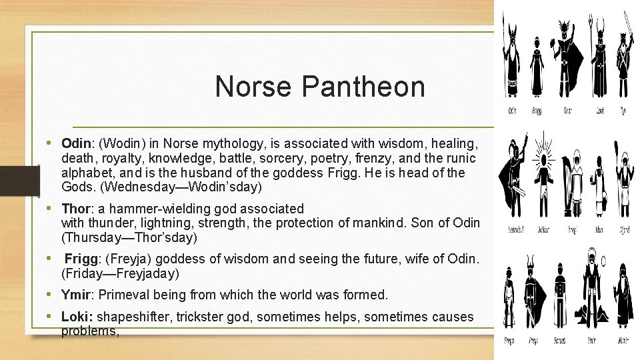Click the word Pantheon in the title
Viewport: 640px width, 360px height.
[363, 87]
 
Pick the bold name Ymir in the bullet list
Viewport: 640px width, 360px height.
[75, 295]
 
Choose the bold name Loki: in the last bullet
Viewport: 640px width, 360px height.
[77, 317]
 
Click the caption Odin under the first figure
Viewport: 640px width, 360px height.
[513, 111]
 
